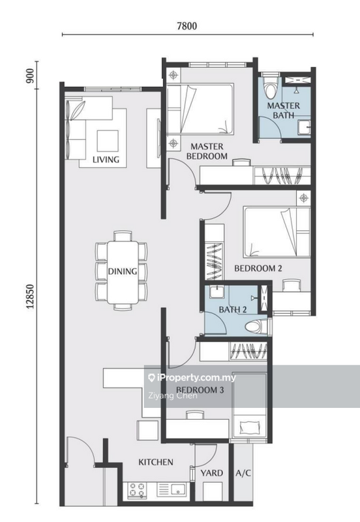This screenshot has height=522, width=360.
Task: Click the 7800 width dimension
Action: coord(187,26)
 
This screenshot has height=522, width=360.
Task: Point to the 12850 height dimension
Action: coord(30,296)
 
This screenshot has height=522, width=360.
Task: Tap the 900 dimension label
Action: coord(30,76)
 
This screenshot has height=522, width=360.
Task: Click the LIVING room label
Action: coord(106,159)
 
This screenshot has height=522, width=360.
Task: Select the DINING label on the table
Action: coord(123,271)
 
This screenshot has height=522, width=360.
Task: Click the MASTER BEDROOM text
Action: coord(207,151)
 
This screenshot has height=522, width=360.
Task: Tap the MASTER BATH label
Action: coord(284,110)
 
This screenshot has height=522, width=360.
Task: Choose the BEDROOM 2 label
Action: coord(258,268)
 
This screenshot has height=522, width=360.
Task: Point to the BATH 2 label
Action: coord(233,309)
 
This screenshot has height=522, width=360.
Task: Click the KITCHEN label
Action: coord(156,462)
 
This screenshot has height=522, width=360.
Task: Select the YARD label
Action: coord(211,473)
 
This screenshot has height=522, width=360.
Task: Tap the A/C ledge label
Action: coord(243,473)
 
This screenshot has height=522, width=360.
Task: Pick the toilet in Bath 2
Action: coord(256,326)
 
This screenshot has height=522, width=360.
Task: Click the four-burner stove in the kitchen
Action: coord(137,490)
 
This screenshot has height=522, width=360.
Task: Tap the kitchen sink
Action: coord(178,489)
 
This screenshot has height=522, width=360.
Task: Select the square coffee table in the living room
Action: coord(108,141)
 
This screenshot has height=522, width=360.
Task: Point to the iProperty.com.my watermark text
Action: coord(192,378)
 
